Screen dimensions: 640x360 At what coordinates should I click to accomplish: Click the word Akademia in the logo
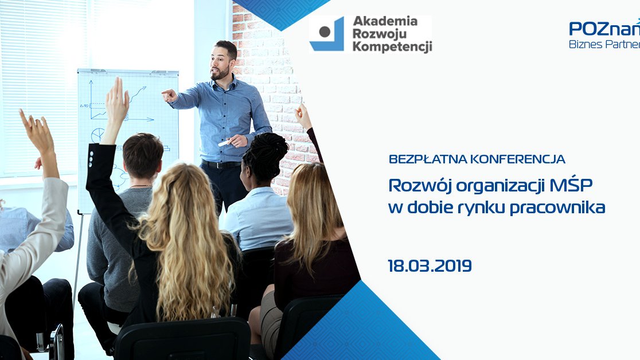pos(385,21)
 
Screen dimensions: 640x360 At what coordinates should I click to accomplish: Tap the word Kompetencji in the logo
pos(392,46)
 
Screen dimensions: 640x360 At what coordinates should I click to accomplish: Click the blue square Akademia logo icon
pos(326,34)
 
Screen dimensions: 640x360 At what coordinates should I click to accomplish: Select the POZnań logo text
pos(604,28)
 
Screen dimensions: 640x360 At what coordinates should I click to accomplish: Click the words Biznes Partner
pos(604,44)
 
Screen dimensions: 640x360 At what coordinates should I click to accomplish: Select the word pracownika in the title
pos(557,208)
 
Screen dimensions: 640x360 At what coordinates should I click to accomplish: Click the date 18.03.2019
pos(430,266)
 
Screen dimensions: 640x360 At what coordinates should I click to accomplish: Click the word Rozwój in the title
pos(420,186)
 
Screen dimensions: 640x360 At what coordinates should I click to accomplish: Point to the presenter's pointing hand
pos(169,96)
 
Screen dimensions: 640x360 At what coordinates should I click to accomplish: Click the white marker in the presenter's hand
pos(224,143)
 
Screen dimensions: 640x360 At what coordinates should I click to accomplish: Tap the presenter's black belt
pos(221,165)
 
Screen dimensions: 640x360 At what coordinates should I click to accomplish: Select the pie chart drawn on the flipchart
pos(97,135)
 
